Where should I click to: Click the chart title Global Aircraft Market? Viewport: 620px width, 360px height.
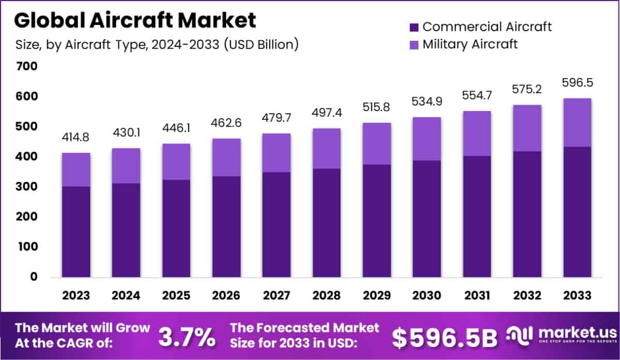(x=135, y=20)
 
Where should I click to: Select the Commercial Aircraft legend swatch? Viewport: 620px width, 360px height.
(x=413, y=27)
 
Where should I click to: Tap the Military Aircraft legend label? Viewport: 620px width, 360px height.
(x=470, y=44)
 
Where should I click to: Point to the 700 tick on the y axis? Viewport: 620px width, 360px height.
(x=26, y=66)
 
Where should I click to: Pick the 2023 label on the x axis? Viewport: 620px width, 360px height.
(x=76, y=295)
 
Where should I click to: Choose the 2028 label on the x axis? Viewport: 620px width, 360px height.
(x=327, y=295)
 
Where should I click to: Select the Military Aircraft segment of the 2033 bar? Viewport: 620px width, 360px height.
(x=577, y=122)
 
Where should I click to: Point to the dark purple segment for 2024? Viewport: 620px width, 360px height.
(x=126, y=230)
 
